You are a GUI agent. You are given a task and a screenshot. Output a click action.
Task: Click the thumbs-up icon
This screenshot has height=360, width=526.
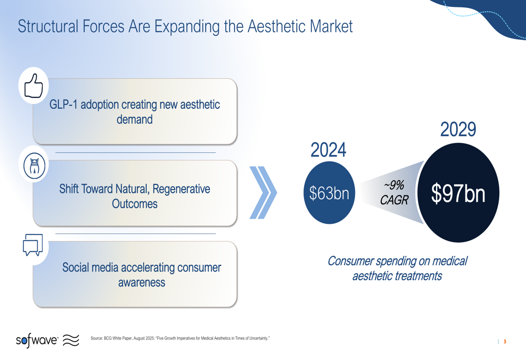click(x=34, y=86)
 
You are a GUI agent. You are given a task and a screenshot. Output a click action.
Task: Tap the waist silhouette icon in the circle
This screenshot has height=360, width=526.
click(x=34, y=166)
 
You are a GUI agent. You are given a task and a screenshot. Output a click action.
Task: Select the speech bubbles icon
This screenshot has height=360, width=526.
click(x=33, y=245)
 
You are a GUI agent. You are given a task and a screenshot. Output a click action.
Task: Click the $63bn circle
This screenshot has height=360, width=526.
click(x=329, y=193)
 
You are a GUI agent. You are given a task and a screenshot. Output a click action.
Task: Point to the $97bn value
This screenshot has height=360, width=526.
click(x=458, y=193)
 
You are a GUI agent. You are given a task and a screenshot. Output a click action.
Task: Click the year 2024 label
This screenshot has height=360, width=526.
click(x=328, y=150)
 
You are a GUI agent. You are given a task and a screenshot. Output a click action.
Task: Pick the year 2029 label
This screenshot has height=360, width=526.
click(x=458, y=129)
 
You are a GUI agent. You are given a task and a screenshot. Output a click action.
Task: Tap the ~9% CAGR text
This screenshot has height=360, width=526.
click(x=394, y=192)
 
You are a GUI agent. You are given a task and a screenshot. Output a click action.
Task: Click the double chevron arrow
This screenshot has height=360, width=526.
click(x=264, y=193)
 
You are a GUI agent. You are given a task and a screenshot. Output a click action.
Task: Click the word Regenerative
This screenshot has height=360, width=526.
click(x=181, y=189)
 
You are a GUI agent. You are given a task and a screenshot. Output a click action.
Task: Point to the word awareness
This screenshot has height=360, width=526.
click(x=141, y=283)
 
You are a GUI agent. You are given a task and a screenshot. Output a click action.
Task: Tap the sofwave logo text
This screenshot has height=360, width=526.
click(x=37, y=340)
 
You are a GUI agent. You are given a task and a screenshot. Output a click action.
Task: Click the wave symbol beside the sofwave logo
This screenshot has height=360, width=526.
click(x=71, y=340)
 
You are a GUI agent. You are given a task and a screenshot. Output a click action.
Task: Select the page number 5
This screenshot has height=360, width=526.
click(x=505, y=342)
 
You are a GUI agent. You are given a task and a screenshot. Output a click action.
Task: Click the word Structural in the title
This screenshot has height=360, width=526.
click(x=48, y=26)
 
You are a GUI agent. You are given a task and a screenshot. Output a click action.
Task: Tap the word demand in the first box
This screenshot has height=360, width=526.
click(x=135, y=120)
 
